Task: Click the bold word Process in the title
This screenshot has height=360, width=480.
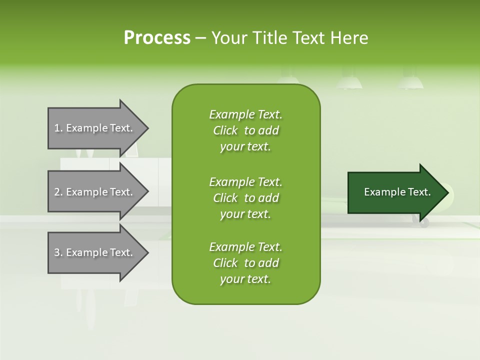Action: coord(157,38)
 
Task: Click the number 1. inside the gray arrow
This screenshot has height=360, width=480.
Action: coord(58,128)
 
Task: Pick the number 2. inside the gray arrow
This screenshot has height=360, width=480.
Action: coord(58,192)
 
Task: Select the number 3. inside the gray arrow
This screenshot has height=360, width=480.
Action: coord(58,252)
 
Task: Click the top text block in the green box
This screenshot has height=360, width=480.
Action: coord(245,130)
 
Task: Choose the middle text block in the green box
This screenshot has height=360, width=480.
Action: coord(245,198)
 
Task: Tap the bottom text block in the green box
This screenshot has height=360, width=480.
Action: coord(245,263)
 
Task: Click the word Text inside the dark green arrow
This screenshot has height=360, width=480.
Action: coord(419,192)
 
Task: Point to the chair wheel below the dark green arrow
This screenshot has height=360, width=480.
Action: coord(424,222)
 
